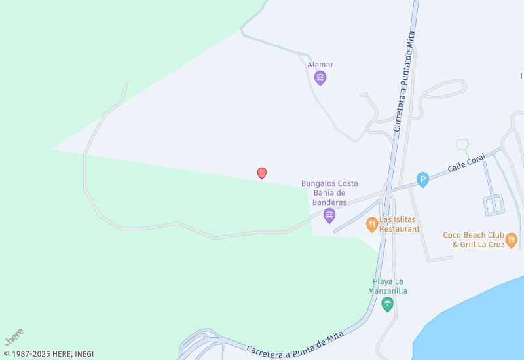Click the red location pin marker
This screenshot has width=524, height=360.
point(262,173)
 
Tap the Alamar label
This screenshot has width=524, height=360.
point(320,65)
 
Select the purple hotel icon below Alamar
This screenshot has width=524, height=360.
point(320,79)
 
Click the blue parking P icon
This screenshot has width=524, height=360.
point(423,179)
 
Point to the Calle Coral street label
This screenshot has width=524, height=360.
point(466,163)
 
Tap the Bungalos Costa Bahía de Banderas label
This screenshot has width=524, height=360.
point(329,192)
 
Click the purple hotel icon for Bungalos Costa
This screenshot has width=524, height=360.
point(329,215)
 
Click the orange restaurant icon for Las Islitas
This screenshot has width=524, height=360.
point(372,225)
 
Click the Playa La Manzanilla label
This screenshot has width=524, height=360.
point(387,286)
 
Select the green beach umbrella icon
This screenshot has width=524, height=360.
point(387,304)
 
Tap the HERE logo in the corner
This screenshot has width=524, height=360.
point(14,336)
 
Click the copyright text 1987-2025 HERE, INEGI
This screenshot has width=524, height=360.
point(48,354)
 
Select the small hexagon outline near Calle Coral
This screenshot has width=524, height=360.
point(462,144)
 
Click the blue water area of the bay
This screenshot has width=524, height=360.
point(478,321)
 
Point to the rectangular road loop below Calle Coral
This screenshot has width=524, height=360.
point(493,205)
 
